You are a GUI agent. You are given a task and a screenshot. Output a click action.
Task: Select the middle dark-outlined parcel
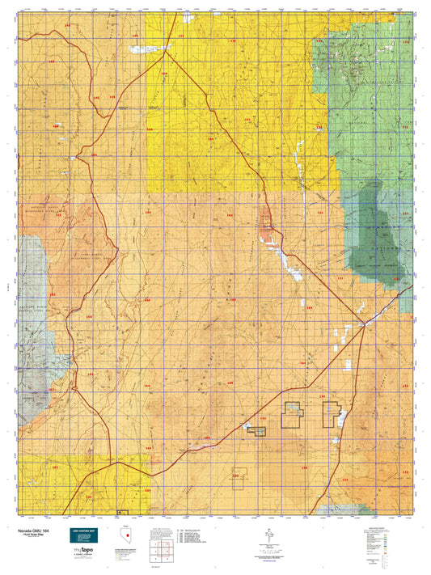pos(291,414)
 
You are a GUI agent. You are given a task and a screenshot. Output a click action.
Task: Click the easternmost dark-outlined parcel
pos(330,414)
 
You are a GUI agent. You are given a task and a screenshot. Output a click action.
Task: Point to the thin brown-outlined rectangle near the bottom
pos(239,478)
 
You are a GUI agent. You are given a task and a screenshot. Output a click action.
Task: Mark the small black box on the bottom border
pos(121,512)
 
